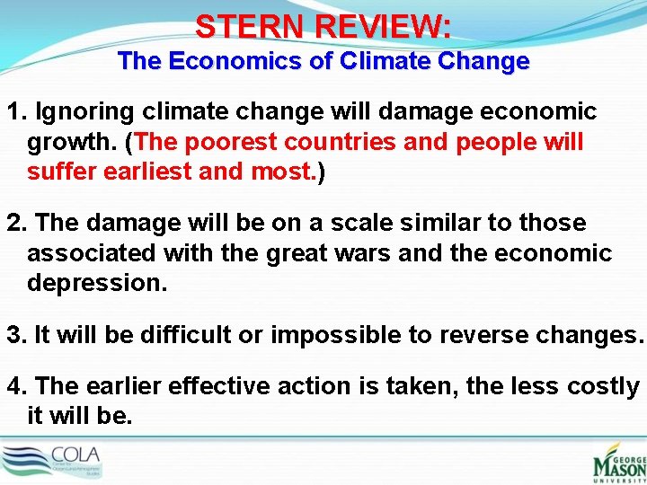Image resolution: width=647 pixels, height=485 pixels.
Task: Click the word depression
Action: pos(97,283)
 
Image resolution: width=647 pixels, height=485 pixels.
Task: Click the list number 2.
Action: pos(15,223)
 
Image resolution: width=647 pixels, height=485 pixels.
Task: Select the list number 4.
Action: pos(15,386)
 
